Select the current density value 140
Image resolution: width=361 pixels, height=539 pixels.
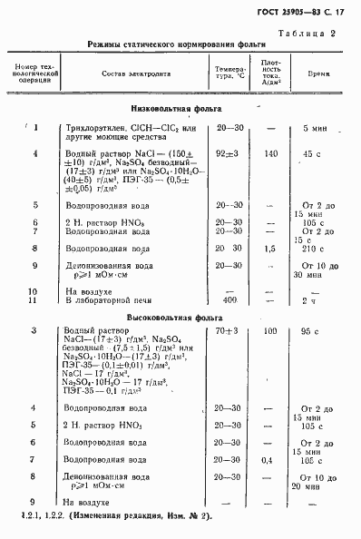tap(269, 154)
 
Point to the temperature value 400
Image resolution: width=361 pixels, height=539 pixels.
tap(229, 299)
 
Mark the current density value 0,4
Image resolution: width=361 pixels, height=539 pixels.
tap(267, 461)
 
